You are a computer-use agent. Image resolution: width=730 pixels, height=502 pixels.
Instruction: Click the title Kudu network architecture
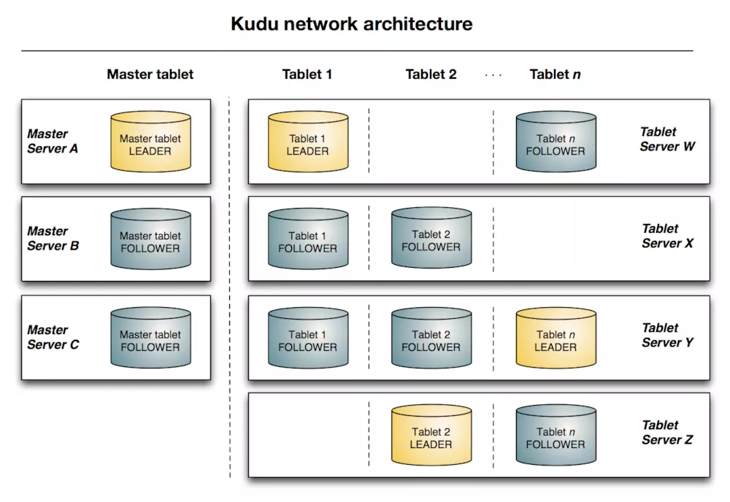coord(352,24)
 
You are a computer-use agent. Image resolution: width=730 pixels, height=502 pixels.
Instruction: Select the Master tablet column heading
coord(150,74)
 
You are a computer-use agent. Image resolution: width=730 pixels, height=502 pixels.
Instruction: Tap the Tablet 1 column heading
coord(307,74)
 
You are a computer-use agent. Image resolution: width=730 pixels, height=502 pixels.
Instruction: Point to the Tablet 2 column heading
coord(431,74)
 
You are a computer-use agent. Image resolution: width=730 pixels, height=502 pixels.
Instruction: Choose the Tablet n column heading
coord(555,74)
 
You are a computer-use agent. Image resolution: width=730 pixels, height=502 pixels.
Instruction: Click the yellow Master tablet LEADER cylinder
coord(150,142)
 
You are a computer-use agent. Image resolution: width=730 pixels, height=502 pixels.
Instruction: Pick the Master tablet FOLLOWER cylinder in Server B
coord(150,239)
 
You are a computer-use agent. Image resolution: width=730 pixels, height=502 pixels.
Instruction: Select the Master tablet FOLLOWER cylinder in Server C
coord(150,337)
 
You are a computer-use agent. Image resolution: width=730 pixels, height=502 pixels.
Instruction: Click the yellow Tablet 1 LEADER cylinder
coord(308,142)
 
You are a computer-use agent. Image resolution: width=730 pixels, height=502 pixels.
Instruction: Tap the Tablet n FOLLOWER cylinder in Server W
coord(556,142)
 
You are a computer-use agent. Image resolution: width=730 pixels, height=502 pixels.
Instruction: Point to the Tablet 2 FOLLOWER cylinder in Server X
coord(431,238)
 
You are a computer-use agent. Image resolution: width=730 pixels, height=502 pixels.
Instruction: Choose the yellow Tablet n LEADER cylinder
coord(556,337)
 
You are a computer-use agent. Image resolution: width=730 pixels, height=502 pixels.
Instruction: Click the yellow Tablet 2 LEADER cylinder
coord(431,435)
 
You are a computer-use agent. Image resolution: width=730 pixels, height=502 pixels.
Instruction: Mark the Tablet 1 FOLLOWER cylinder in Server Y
coord(308,337)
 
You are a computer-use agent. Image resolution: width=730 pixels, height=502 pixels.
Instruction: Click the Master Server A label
coord(53,141)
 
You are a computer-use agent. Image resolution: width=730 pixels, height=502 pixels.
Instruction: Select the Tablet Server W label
coord(667,139)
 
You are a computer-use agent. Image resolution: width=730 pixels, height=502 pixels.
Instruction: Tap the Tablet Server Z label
coord(667,432)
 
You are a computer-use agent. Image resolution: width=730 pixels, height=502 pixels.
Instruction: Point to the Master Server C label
coord(53,337)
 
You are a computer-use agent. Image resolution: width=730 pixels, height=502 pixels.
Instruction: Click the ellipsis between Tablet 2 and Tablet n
coord(493,75)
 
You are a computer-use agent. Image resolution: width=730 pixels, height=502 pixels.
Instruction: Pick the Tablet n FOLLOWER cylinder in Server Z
coord(556,435)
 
